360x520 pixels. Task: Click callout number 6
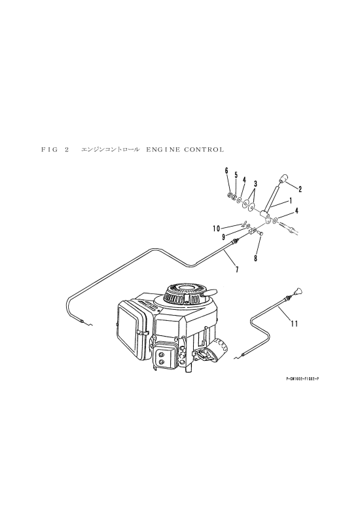(x=226, y=171)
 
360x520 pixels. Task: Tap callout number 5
(x=236, y=175)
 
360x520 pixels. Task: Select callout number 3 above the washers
(x=255, y=183)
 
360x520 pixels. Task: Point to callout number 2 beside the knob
(x=300, y=189)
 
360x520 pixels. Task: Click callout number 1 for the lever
(x=291, y=200)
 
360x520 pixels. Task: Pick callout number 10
(x=216, y=229)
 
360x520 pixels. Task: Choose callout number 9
(x=224, y=237)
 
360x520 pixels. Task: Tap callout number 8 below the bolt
(x=255, y=259)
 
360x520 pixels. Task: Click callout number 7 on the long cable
(x=237, y=270)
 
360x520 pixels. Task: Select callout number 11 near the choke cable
(x=294, y=324)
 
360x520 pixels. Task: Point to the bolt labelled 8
(x=261, y=234)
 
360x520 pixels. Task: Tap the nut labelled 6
(x=229, y=195)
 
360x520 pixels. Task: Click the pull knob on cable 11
(x=297, y=292)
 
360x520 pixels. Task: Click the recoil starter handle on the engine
(x=210, y=293)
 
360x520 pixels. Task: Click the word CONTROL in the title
(x=204, y=149)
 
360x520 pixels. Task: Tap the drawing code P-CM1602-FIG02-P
(x=302, y=378)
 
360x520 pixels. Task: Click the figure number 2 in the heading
(x=67, y=149)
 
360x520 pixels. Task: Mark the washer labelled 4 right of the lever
(x=276, y=220)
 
